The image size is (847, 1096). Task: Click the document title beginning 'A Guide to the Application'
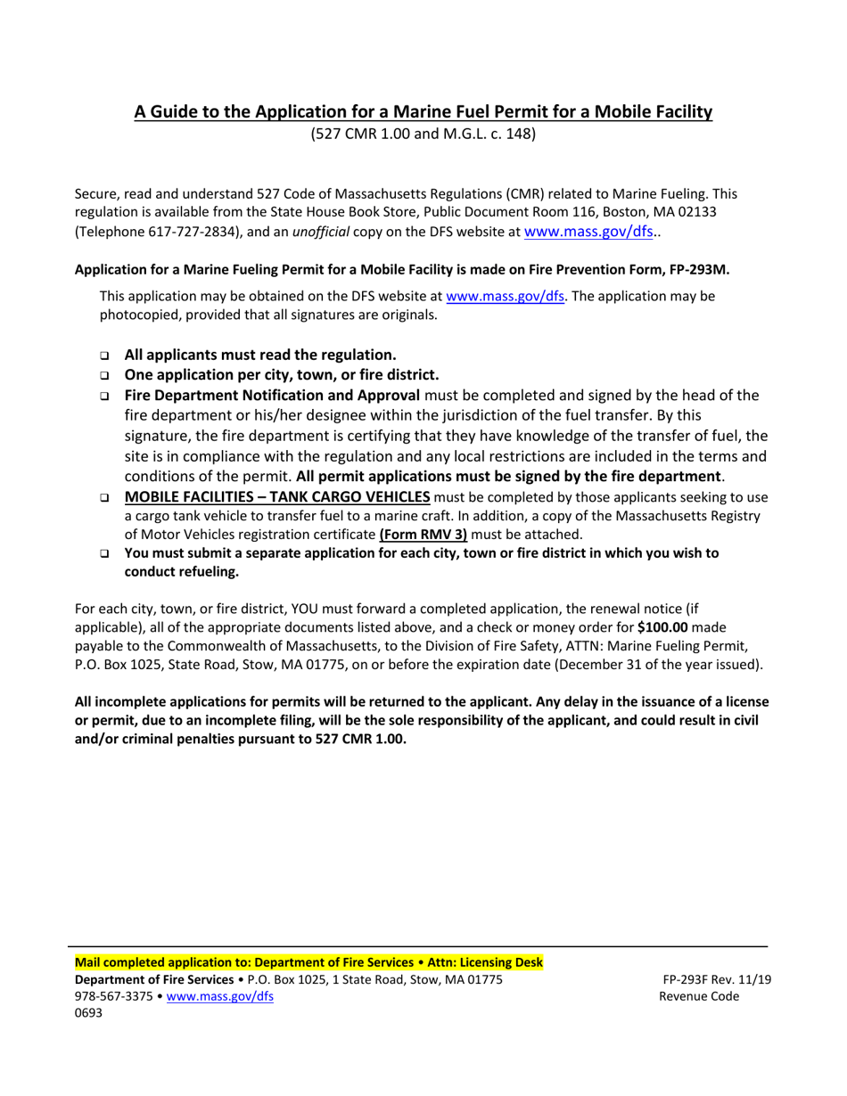pos(423,112)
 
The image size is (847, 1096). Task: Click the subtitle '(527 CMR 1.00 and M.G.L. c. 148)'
pos(423,135)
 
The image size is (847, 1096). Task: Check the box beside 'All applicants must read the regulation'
pos(104,355)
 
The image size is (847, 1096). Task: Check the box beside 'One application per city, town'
pos(104,375)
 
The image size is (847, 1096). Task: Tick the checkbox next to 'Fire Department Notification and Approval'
pos(104,396)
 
